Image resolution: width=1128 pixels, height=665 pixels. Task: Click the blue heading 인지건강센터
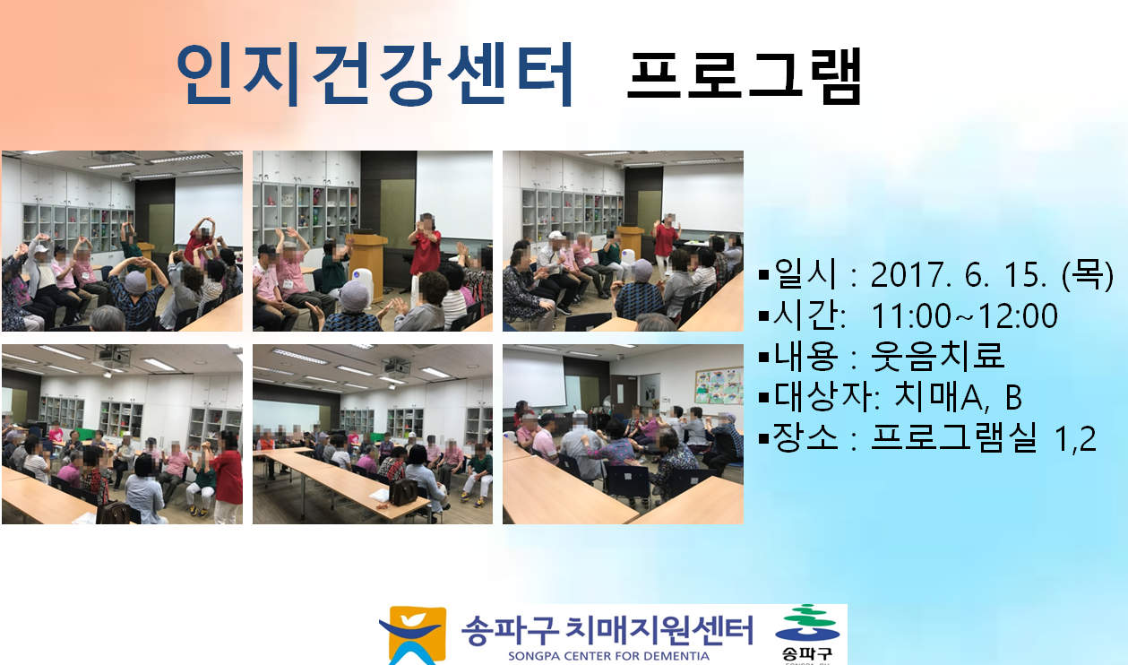click(375, 74)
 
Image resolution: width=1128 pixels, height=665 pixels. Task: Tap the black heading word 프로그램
click(745, 75)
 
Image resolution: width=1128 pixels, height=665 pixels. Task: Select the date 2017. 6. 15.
click(959, 275)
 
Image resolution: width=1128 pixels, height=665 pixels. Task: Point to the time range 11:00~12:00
click(964, 315)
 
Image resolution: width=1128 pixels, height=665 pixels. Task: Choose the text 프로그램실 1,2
click(984, 437)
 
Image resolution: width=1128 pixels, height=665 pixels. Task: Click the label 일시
click(805, 274)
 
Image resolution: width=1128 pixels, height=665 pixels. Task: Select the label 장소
click(805, 437)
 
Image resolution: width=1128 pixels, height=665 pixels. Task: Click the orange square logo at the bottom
click(413, 635)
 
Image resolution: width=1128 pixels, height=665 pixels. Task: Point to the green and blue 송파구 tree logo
click(806, 633)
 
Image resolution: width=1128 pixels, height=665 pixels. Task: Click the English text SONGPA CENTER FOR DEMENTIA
click(608, 656)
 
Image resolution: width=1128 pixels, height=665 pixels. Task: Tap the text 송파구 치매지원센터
click(607, 630)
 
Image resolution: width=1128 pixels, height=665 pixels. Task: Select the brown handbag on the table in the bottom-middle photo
click(403, 491)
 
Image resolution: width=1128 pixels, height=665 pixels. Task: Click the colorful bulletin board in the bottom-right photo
click(719, 386)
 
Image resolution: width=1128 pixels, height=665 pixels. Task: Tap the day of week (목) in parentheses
click(1087, 275)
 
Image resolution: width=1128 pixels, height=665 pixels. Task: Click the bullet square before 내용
click(764, 358)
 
